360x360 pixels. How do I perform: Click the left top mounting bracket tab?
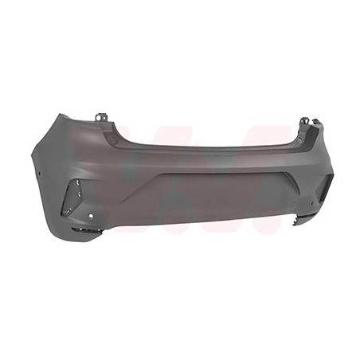tap(102, 118)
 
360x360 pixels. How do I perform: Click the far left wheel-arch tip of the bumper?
tap(33, 155)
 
